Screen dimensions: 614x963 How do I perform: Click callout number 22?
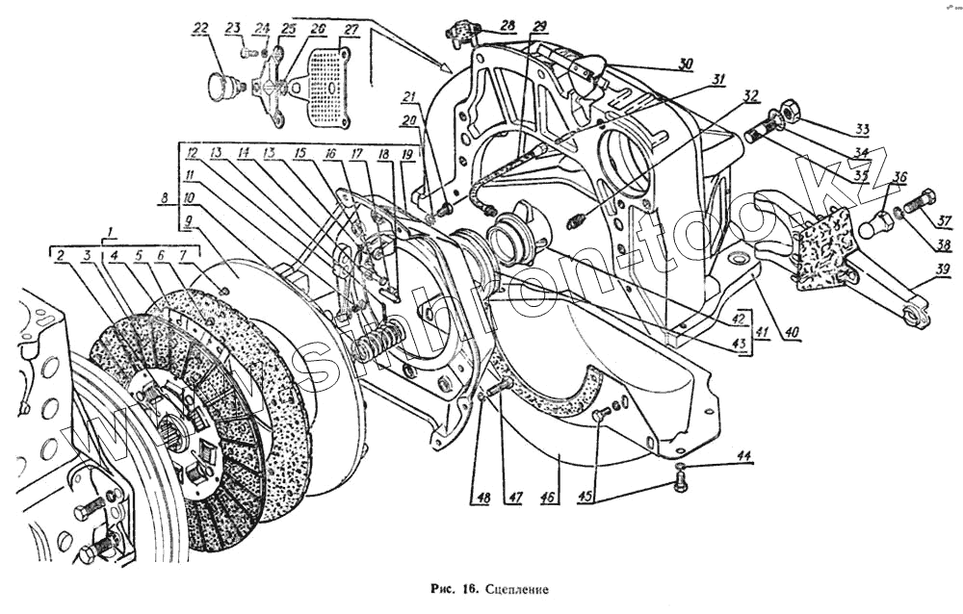tap(200, 30)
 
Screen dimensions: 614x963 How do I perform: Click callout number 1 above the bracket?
tap(113, 233)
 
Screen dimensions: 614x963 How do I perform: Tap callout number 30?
tap(685, 65)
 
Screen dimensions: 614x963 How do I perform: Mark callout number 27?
tap(351, 30)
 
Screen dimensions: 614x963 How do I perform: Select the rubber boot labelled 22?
tap(222, 85)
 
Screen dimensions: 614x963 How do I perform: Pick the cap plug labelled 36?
tap(874, 228)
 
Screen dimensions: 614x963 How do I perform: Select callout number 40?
tap(792, 334)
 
